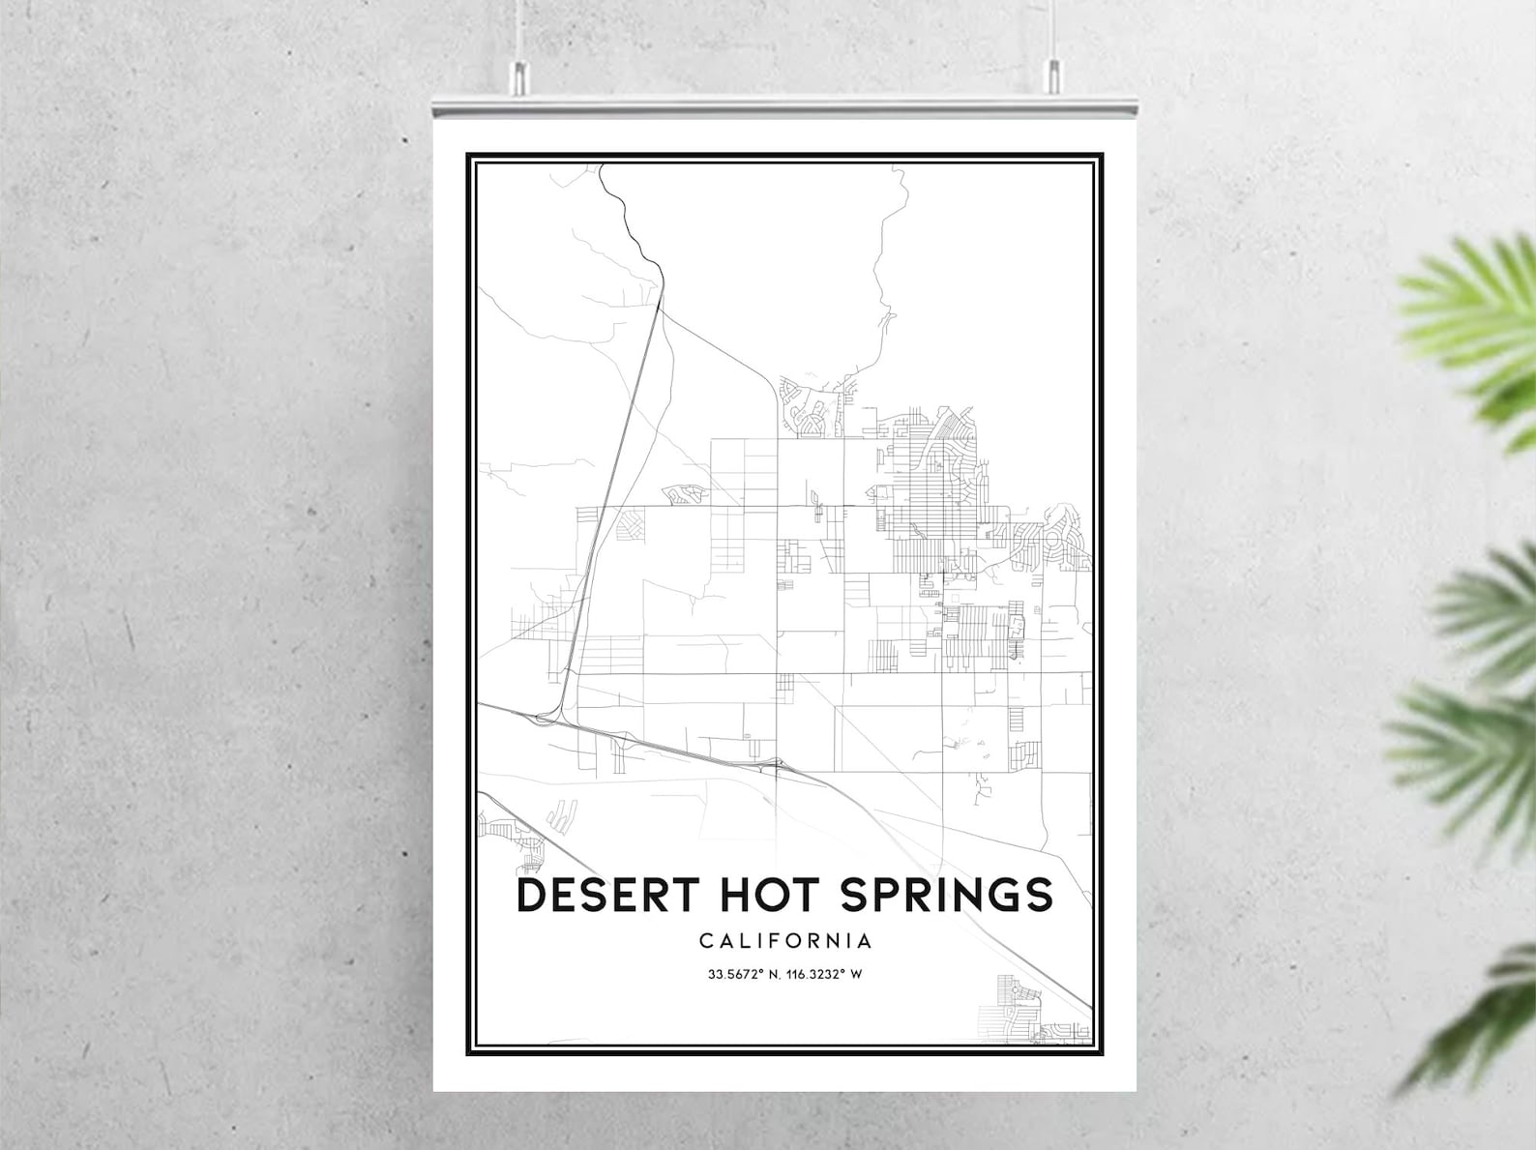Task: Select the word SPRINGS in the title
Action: click(x=946, y=895)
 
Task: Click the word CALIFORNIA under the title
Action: click(x=784, y=940)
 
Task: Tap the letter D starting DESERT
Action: click(x=531, y=895)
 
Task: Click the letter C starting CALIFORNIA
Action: click(x=705, y=940)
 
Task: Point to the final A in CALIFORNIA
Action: click(x=865, y=940)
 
